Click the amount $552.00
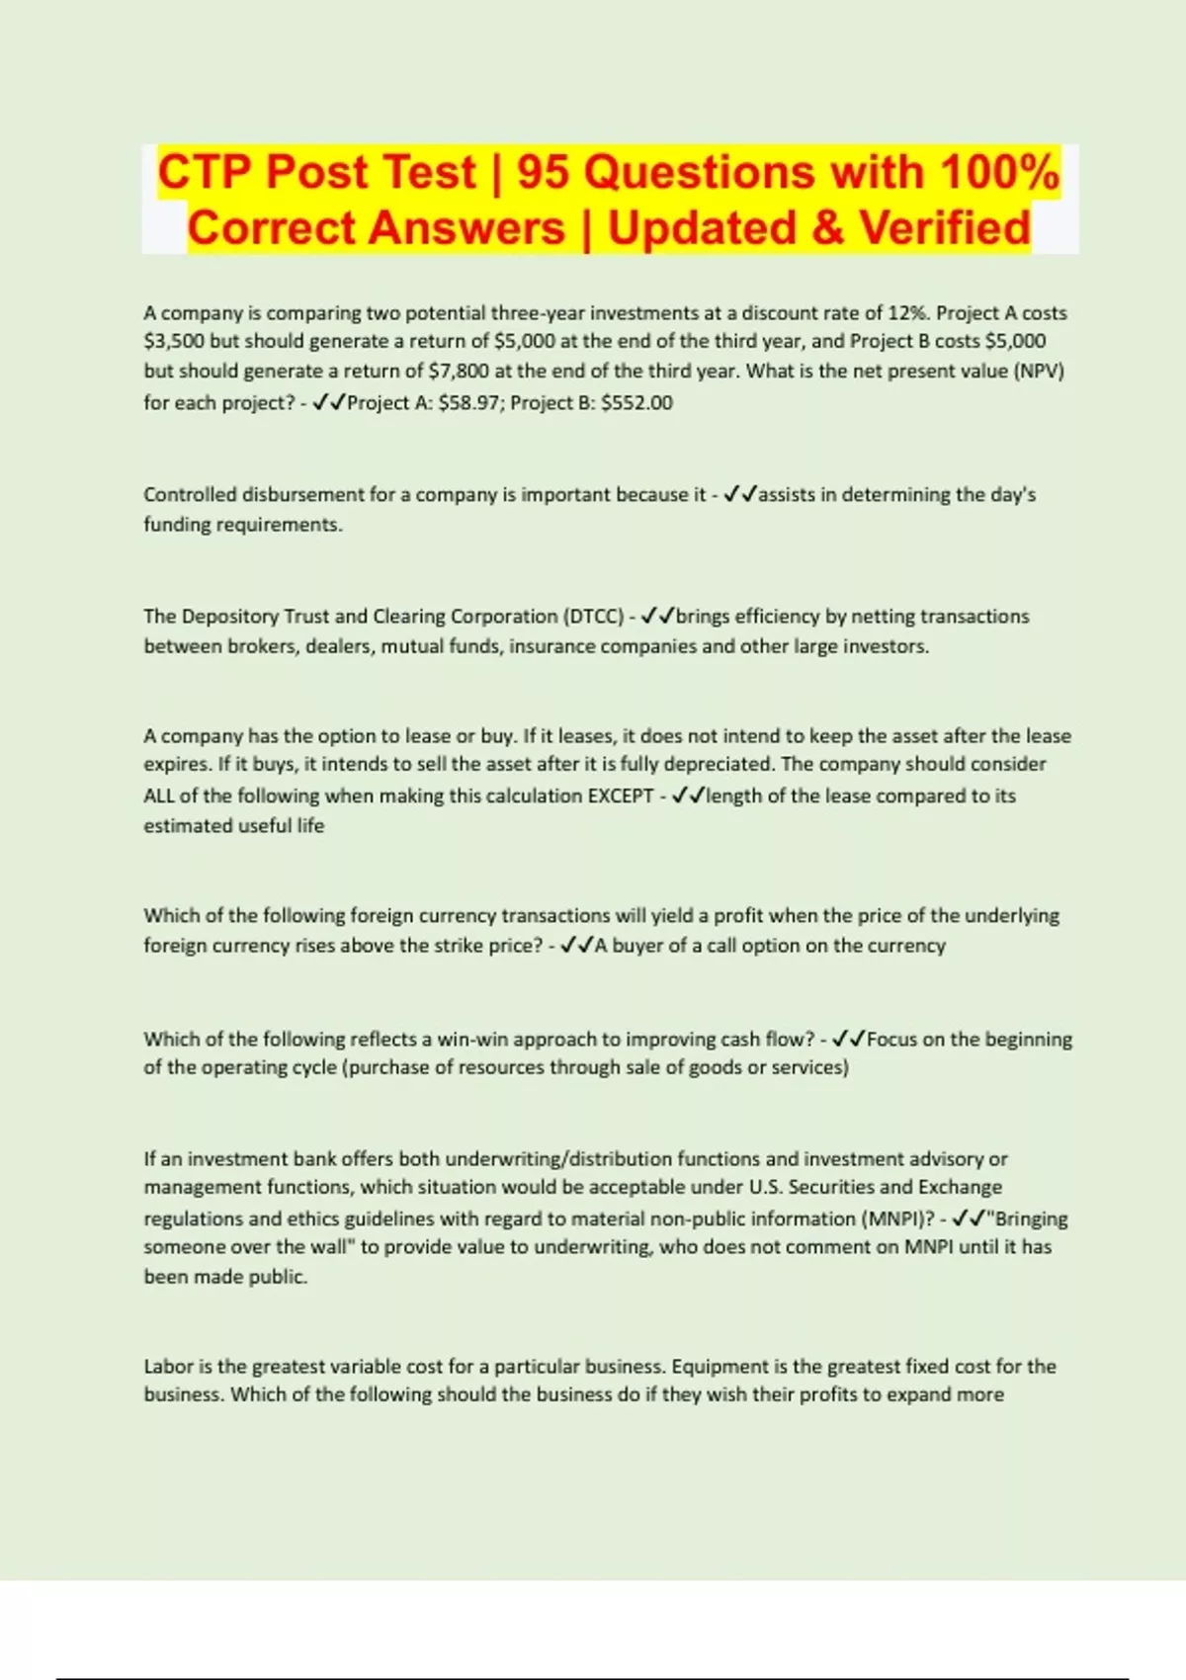point(636,403)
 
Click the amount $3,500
point(174,342)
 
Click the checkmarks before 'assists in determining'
point(740,495)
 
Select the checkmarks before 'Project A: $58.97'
point(328,403)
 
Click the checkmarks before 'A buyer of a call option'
point(576,946)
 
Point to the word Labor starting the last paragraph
point(168,1367)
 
